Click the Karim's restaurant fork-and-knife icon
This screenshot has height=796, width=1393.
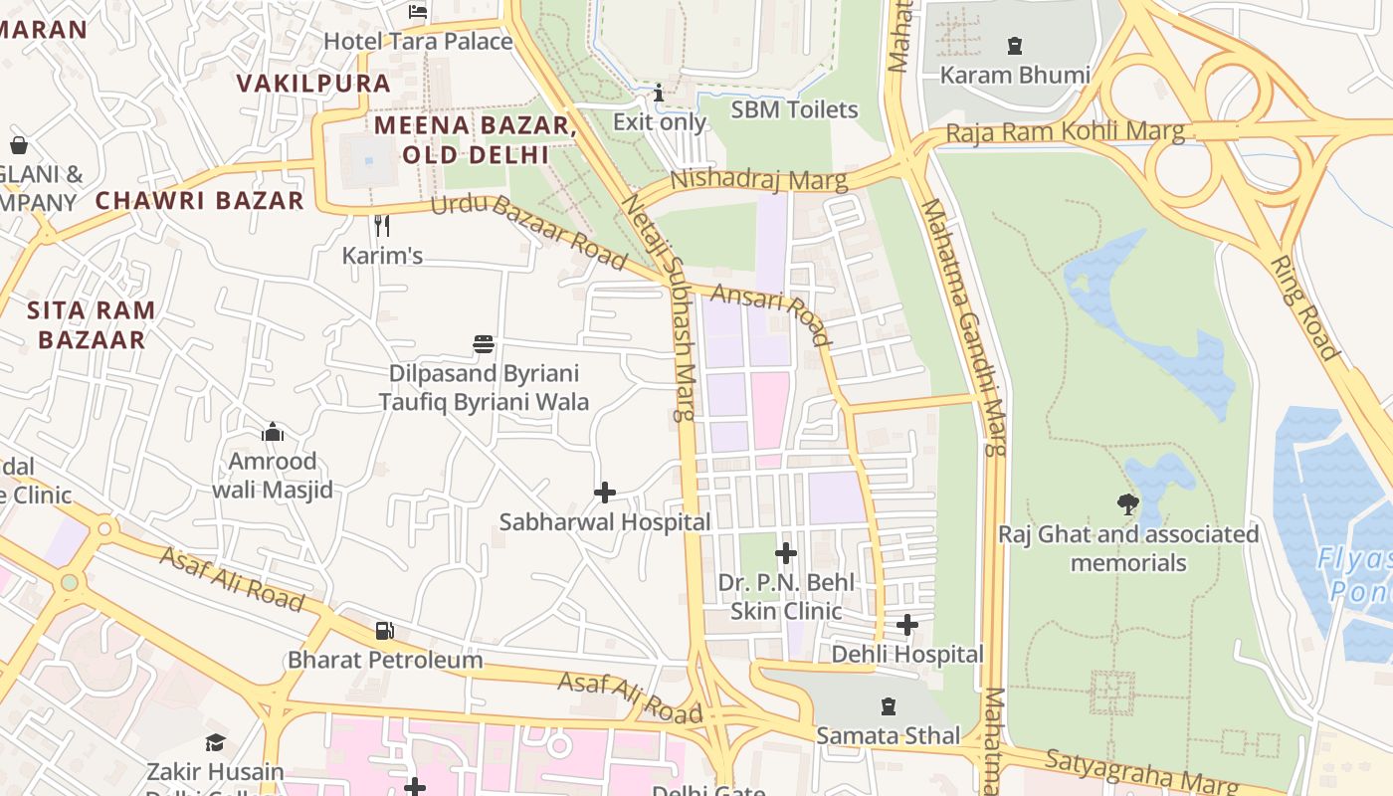point(381,226)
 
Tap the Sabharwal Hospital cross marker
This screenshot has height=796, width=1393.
point(604,493)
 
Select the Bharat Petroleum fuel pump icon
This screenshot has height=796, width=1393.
point(384,631)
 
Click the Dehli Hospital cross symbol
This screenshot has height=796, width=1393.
point(906,625)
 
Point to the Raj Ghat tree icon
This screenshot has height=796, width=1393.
point(1127,504)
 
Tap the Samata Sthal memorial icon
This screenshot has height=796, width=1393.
point(888,706)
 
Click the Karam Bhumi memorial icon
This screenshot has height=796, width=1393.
point(1014,45)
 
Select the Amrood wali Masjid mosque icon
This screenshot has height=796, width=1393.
point(272,432)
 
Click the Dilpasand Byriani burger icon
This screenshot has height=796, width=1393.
point(484,344)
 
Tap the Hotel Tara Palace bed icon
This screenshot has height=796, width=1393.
point(418,12)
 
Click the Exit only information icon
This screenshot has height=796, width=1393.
point(658,94)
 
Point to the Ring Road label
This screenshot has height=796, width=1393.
point(1304,306)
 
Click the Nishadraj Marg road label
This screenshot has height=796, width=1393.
point(758,180)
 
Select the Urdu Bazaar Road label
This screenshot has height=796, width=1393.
point(527,234)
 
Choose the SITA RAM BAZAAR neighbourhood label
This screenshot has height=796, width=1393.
point(92,324)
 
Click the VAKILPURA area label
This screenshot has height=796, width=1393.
point(313,84)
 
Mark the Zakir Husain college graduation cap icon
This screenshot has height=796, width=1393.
point(215,742)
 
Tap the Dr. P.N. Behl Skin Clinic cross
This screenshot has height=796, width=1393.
point(786,552)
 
